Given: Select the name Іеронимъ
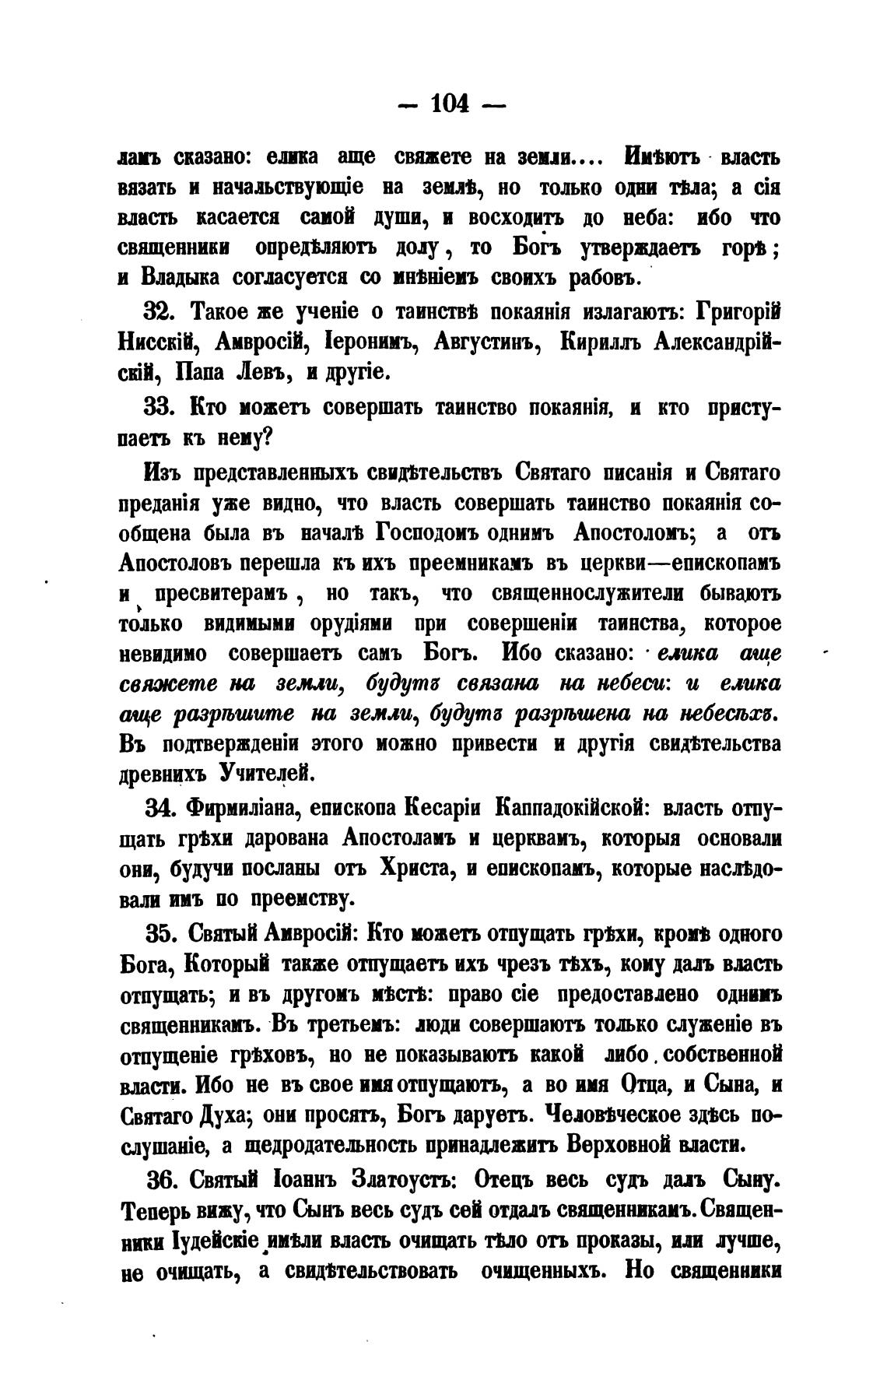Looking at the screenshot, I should pos(362,343).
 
